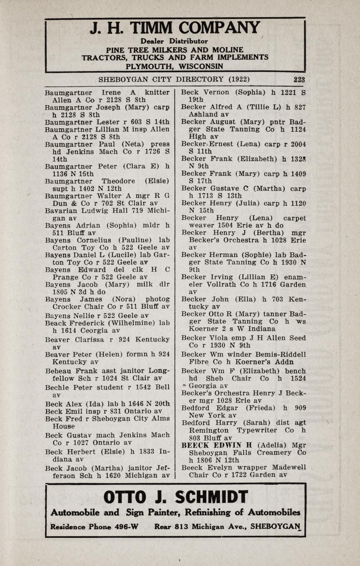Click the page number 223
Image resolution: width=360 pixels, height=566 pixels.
(x=299, y=80)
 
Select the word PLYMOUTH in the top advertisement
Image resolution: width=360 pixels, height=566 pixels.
(x=145, y=66)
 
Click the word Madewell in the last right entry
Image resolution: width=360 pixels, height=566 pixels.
(x=287, y=468)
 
